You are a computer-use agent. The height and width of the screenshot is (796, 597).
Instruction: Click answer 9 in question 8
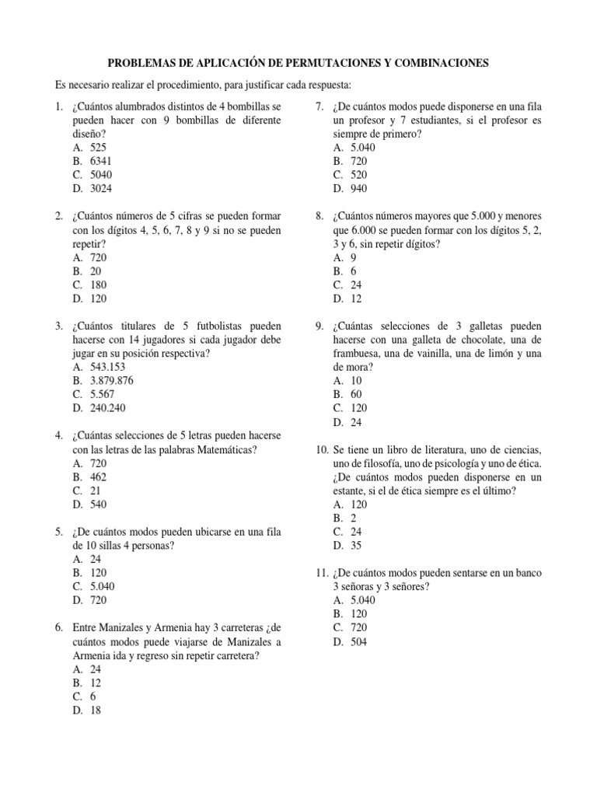tap(354, 257)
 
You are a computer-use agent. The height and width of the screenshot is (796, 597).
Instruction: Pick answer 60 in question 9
tap(356, 395)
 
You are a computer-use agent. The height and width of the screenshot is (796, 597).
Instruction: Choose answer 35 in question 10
tap(356, 546)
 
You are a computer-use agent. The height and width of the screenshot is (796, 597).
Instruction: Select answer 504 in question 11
tap(359, 642)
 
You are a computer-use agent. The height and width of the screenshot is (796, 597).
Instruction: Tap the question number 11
tap(321, 573)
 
